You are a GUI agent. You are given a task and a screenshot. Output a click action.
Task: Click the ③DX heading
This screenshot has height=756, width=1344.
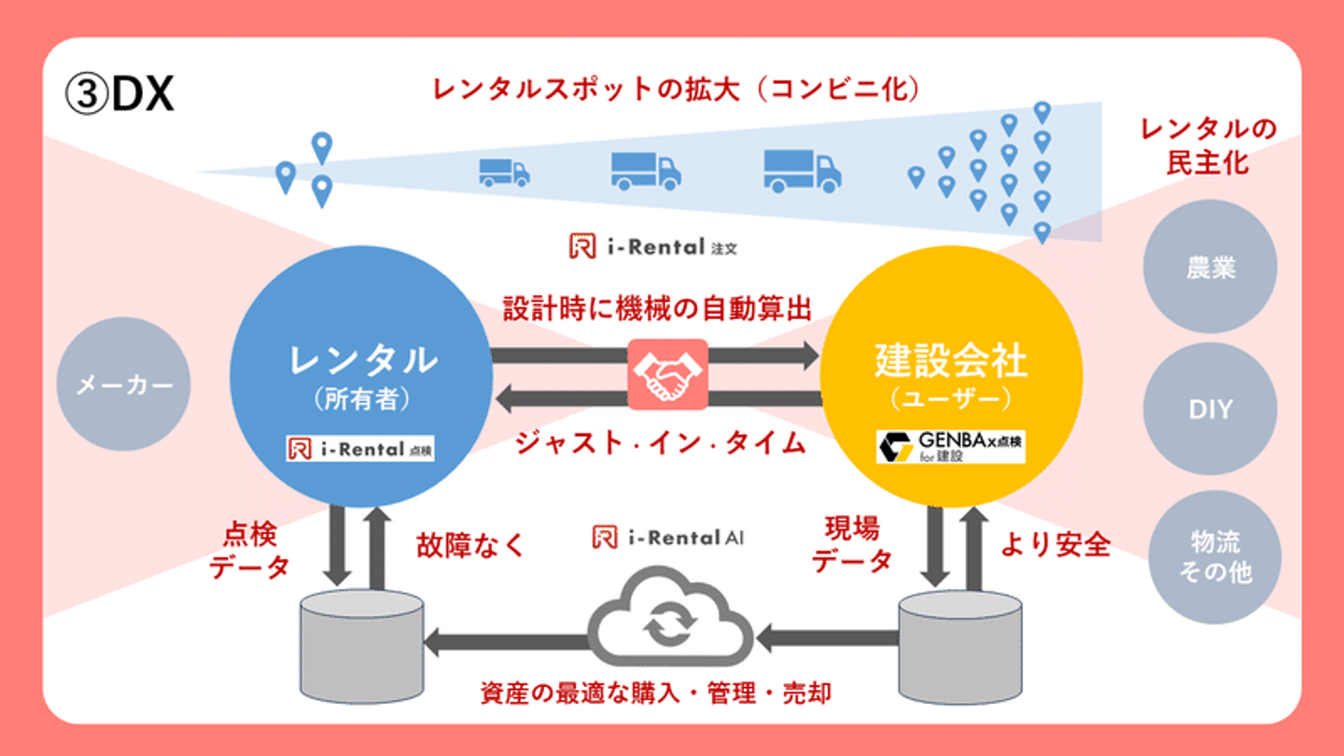[119, 94]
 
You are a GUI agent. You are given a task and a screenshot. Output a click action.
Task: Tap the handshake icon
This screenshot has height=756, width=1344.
[667, 375]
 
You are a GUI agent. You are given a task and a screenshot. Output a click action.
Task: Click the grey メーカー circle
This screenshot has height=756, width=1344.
[123, 385]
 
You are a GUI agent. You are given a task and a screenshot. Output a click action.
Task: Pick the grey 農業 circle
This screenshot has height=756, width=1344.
[1210, 267]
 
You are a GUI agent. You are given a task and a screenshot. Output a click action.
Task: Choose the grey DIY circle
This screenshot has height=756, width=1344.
[1210, 409]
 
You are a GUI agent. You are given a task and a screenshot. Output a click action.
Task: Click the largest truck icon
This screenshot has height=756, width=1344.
[802, 171]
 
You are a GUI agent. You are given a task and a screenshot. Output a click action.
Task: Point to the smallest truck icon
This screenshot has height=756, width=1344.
[504, 172]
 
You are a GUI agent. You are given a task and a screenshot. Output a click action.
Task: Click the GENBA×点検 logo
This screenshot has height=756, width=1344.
[950, 446]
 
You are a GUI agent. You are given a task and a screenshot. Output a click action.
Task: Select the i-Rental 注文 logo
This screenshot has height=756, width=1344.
[653, 247]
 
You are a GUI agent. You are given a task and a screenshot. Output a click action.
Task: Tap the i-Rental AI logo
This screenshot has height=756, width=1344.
[668, 538]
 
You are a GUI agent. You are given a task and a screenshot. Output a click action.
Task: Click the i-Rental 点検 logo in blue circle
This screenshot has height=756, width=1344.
[360, 449]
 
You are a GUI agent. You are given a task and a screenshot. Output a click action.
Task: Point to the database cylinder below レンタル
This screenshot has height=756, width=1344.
[361, 644]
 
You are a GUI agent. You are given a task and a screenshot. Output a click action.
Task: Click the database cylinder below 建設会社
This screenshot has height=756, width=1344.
[959, 646]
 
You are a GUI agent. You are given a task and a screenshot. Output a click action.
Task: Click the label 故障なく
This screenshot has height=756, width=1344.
[471, 544]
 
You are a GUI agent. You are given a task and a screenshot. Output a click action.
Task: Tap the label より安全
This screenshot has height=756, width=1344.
[1056, 544]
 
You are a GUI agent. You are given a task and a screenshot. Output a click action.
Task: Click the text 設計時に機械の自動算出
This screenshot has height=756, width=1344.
[657, 309]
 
